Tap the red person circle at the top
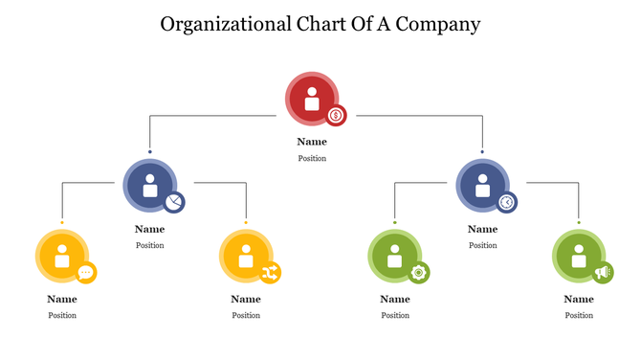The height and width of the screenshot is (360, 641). (x=311, y=98)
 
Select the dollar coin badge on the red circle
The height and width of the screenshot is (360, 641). (x=336, y=116)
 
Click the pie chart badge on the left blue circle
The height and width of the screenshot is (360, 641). (x=174, y=202)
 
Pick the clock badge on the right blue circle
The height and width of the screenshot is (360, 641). (x=506, y=202)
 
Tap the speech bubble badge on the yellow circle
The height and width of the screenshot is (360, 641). (x=86, y=273)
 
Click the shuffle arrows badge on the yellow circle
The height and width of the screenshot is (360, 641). (x=270, y=273)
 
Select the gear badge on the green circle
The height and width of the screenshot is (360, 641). (x=418, y=273)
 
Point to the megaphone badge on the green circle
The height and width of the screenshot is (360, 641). (x=602, y=273)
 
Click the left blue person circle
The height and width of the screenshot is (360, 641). (x=149, y=184)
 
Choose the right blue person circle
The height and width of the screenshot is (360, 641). (x=481, y=184)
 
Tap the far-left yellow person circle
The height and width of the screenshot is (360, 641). (x=61, y=256)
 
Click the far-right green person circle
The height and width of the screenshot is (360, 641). (x=578, y=256)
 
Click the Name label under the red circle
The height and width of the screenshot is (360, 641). (x=312, y=142)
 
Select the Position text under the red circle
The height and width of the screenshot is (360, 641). (x=312, y=158)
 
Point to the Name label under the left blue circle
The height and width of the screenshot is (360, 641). (x=149, y=229)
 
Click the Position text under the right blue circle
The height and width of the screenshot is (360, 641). (x=482, y=245)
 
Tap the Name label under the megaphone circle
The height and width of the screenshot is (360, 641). (x=579, y=299)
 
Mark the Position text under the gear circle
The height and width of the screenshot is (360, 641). (x=395, y=315)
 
